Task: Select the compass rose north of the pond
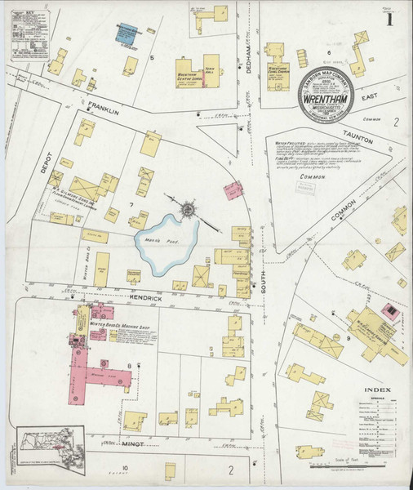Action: (188, 210)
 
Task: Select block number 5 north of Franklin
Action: (153, 59)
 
